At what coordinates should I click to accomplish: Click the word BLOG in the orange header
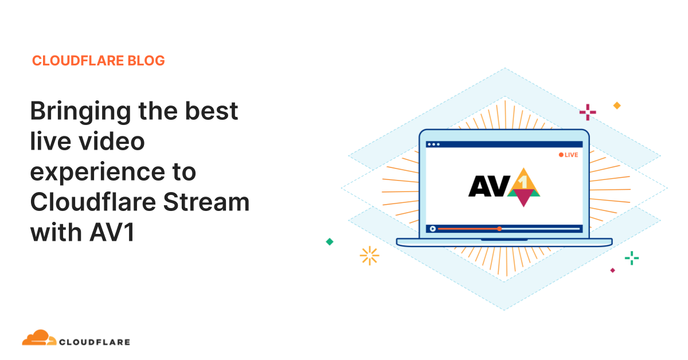146,61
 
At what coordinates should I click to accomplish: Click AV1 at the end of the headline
112,233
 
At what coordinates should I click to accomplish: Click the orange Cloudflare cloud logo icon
40,338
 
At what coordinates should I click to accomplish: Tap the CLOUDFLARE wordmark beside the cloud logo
95,342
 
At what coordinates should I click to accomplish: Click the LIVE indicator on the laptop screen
568,155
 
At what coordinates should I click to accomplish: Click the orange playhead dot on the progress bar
499,229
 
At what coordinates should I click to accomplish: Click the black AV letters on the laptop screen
489,186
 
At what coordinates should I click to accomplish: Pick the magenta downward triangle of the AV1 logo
523,198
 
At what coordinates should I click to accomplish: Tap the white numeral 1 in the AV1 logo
523,182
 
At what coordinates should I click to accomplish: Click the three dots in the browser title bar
433,144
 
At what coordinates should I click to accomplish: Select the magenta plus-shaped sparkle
588,112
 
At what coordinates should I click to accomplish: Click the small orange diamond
617,105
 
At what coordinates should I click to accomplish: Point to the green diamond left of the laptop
330,242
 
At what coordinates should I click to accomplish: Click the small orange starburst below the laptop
369,256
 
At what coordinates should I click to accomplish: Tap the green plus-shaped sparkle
632,258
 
